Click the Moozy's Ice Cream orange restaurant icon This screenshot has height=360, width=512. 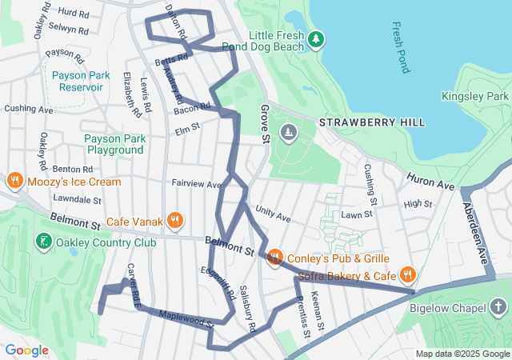click(14, 182)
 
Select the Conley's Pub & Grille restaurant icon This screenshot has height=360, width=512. click(274, 258)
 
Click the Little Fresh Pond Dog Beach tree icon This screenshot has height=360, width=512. click(316, 38)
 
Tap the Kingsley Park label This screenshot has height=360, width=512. click(475, 96)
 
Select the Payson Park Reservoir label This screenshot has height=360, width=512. click(80, 81)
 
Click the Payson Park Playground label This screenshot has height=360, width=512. click(115, 144)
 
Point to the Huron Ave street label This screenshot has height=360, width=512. click(430, 180)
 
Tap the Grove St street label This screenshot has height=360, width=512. click(264, 124)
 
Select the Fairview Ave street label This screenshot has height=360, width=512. click(196, 183)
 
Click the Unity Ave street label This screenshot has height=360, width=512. click(273, 214)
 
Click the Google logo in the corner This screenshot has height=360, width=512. click(26, 350)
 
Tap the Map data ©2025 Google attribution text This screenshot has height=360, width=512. click(462, 354)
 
